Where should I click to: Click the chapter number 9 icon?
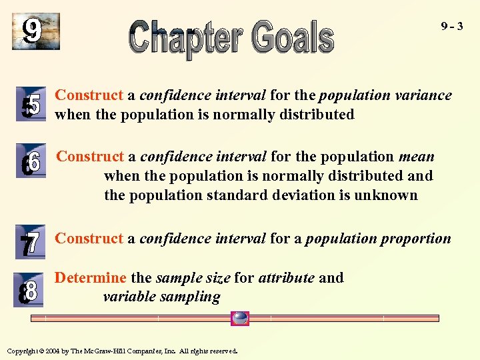(x=35, y=31)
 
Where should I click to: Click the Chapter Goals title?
(x=231, y=37)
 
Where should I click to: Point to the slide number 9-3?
(x=452, y=27)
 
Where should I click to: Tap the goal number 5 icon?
(x=31, y=105)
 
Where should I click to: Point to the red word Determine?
(x=90, y=277)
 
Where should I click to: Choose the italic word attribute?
(x=286, y=277)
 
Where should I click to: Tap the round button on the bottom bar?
(x=239, y=318)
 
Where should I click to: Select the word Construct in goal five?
(x=89, y=95)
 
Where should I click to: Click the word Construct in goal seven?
(x=89, y=239)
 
